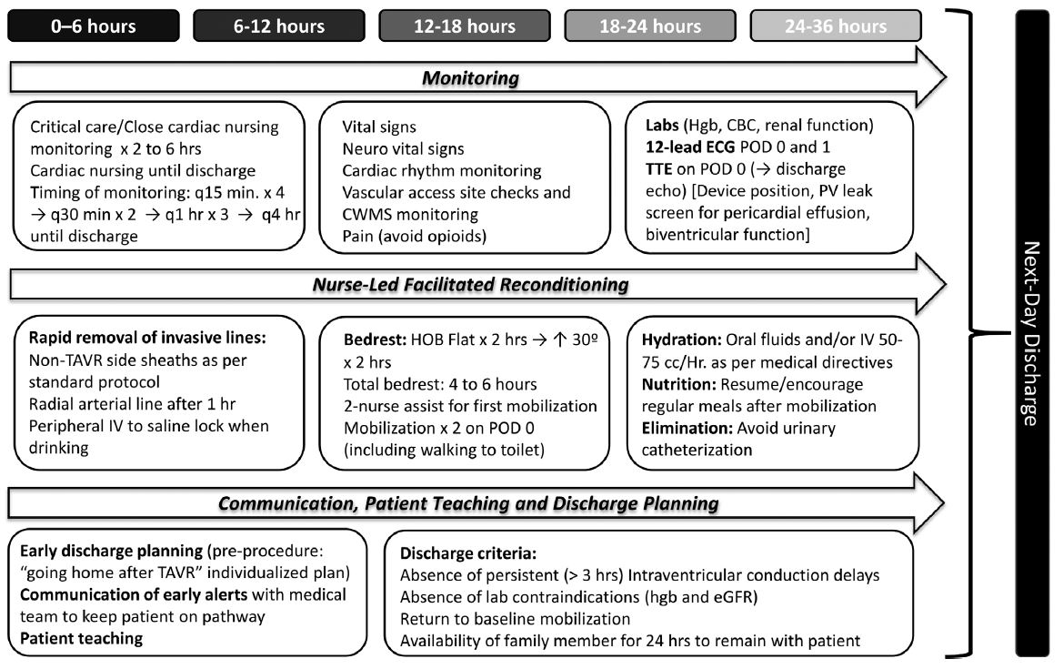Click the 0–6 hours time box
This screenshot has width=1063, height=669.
click(x=93, y=25)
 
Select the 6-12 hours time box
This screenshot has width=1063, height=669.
click(x=278, y=25)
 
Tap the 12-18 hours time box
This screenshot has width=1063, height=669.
click(x=464, y=25)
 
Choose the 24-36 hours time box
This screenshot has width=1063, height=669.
click(x=835, y=25)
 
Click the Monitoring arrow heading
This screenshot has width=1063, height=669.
click(x=470, y=78)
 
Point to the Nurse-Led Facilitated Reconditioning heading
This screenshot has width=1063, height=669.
click(x=470, y=285)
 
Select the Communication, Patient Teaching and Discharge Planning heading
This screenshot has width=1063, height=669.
click(x=470, y=502)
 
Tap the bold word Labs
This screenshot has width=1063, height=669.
click(x=662, y=127)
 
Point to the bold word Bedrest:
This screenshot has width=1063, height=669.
click(x=371, y=341)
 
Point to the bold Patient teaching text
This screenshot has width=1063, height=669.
click(x=81, y=638)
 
